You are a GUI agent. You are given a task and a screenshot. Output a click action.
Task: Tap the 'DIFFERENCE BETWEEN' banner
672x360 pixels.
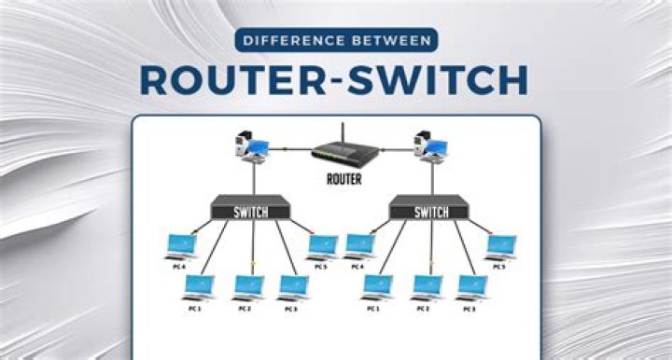(x=335, y=40)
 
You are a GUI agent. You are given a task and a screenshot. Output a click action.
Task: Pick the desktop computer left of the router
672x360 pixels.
(x=251, y=147)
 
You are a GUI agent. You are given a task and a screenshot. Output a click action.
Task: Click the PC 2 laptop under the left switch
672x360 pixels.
(x=247, y=285)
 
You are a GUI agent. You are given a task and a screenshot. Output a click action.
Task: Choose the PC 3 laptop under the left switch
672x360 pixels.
(x=293, y=285)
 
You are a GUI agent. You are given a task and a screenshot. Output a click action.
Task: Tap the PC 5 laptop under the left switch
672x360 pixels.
(x=322, y=245)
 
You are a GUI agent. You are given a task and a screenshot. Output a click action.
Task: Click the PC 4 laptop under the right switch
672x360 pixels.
(x=359, y=245)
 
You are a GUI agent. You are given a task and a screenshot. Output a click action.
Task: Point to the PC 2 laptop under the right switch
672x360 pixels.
(x=427, y=285)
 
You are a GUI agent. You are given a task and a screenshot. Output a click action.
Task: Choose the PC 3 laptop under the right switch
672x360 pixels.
(x=471, y=285)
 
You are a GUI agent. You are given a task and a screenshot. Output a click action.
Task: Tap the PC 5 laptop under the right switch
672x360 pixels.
(x=501, y=245)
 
